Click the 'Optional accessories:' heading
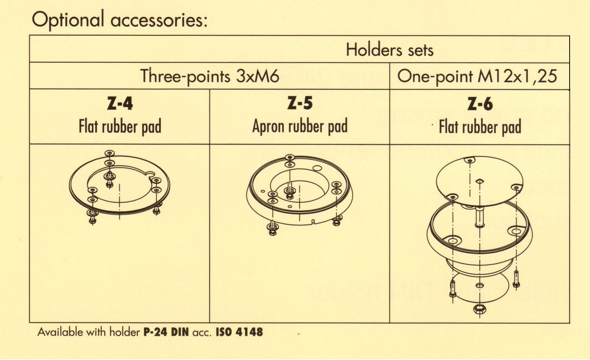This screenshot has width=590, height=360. point(120,20)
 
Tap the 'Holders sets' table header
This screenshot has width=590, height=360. point(390,50)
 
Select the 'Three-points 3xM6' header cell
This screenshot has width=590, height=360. point(209,76)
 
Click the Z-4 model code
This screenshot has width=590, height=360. point(120,103)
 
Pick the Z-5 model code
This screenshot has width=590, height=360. point(300,103)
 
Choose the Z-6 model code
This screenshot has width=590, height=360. point(480,104)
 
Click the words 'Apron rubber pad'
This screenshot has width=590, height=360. point(300,126)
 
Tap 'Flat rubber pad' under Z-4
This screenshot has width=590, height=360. point(120,127)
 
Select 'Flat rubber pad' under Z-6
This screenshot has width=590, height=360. point(480,127)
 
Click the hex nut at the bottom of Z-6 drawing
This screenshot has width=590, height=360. point(480,309)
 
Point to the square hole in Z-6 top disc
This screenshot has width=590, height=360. point(479,181)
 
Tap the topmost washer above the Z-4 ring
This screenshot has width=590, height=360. point(109,153)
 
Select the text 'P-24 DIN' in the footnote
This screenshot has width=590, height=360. point(166,332)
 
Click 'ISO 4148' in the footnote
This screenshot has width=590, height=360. point(239,332)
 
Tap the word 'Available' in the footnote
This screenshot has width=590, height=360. point(60,332)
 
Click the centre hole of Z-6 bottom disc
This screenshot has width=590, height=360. point(480,285)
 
